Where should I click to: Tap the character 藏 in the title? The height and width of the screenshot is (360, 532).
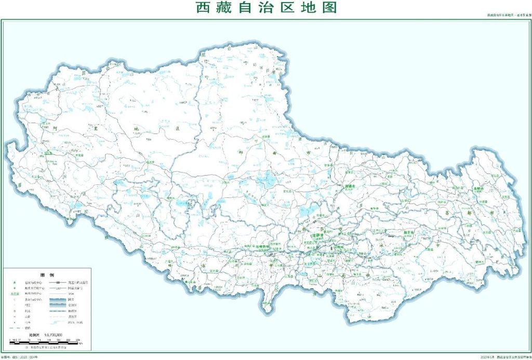tap(227, 8)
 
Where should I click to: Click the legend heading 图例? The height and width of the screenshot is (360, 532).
tap(47, 274)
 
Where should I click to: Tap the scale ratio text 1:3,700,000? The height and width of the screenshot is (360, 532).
tap(54, 335)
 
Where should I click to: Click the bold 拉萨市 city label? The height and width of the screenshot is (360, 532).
tap(315, 235)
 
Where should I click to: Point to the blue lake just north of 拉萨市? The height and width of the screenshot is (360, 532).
tap(309, 210)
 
